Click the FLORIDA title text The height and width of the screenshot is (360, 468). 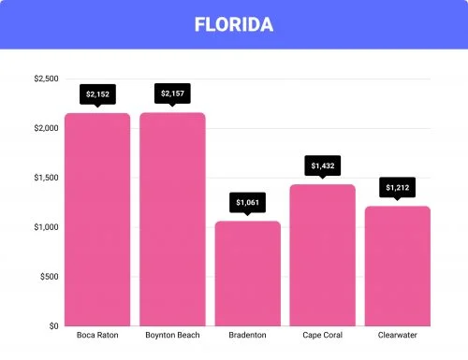coord(233,24)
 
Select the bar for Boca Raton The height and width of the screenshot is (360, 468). coord(97,220)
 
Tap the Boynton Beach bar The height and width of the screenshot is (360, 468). coord(172,220)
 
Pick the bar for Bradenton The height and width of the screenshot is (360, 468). coord(247,273)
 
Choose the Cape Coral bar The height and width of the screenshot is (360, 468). coord(322,255)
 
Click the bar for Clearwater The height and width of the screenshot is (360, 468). coord(397,266)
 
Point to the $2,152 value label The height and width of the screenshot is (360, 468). coord(97,94)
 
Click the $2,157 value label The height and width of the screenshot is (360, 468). coord(172,94)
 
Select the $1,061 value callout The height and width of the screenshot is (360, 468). coord(247,201)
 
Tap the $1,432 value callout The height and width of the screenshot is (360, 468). coord(322,166)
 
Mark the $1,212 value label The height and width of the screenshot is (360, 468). coord(397,187)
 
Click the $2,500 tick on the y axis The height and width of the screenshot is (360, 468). coord(45,79)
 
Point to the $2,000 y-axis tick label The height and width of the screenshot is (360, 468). coord(45,128)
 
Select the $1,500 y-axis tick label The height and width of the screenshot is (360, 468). coord(45,178)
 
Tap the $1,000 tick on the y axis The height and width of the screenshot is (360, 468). coord(45,227)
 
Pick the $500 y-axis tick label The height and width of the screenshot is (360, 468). coord(48,277)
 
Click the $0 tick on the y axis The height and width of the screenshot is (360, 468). coord(52,326)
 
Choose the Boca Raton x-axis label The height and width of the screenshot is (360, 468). coord(97,336)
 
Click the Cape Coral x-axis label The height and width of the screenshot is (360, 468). coord(322,336)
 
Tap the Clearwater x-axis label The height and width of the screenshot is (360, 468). coord(397,336)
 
